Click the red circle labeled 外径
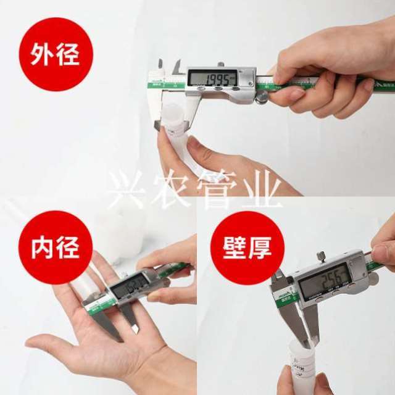point(55,54)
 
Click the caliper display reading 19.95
point(213,78)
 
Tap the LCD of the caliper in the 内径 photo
point(130,285)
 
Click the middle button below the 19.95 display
point(218,90)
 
